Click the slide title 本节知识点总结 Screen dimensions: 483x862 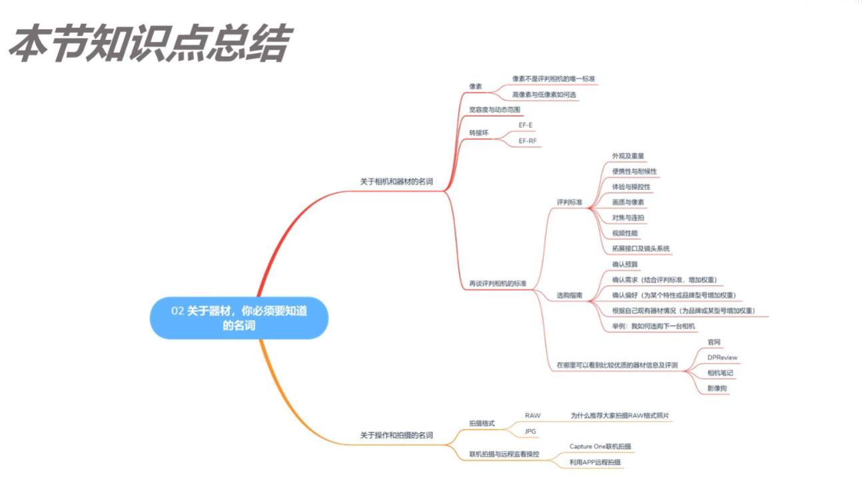tap(148, 45)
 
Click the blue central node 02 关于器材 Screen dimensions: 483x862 tap(239, 318)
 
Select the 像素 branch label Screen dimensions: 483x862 tap(476, 87)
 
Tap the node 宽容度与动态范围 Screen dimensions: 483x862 tap(494, 109)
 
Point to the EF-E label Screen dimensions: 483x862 tap(526, 125)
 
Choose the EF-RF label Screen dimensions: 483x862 tap(528, 141)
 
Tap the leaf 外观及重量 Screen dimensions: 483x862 tap(628, 156)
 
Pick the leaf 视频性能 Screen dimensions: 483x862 tap(625, 233)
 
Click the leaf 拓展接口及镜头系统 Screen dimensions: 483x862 tap(641, 248)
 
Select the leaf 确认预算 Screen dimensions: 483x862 tap(625, 264)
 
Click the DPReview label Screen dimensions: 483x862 tap(722, 357)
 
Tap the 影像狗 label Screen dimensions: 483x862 tap(717, 388)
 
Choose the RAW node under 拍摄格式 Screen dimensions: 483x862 tap(532, 416)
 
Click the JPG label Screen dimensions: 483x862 tap(530, 432)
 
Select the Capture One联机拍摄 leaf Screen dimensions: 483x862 tap(600, 446)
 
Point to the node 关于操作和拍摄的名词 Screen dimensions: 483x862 tap(396, 435)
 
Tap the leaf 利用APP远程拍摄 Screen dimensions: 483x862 tap(595, 462)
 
